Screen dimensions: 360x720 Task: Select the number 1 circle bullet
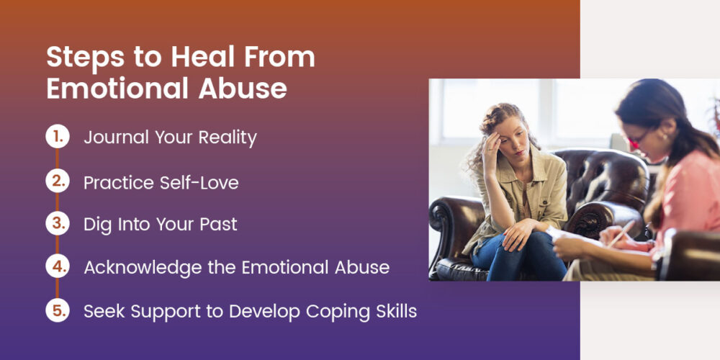point(57,137)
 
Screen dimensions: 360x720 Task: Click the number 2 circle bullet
point(57,181)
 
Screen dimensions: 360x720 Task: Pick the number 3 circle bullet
point(57,224)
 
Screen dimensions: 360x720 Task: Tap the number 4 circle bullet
point(57,267)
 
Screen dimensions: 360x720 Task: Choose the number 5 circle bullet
point(57,311)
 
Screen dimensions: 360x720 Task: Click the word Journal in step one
point(117,138)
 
